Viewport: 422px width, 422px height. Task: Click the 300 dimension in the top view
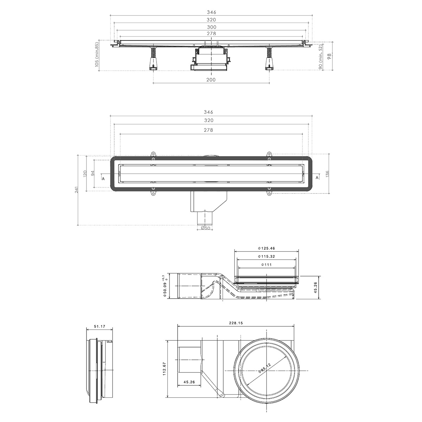[x=211, y=27]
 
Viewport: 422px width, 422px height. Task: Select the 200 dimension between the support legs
[x=211, y=80]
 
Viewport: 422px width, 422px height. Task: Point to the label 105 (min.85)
[x=97, y=56]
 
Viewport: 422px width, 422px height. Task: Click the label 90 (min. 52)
[x=321, y=57]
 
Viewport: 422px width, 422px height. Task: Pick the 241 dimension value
[x=76, y=190]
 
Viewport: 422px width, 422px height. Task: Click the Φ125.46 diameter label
[x=266, y=249]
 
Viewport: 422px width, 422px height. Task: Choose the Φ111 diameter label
[x=266, y=265]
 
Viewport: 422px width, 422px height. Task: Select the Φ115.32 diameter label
[x=266, y=257]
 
